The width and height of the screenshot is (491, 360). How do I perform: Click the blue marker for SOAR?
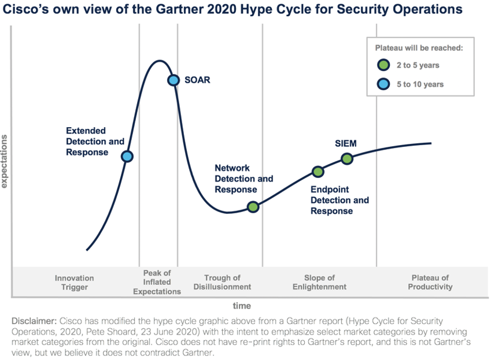point(173,80)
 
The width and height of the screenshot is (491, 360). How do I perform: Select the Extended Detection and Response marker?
point(127,156)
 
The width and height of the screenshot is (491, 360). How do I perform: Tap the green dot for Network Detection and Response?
point(253,207)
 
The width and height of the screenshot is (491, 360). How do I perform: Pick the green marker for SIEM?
point(346,158)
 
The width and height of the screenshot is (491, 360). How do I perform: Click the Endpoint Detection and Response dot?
point(318,171)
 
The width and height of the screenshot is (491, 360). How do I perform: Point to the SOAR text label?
point(197,80)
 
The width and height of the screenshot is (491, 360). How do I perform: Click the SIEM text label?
point(346,143)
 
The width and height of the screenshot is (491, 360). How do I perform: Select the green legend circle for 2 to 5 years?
point(382,65)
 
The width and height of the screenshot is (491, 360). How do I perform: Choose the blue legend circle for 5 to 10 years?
point(382,84)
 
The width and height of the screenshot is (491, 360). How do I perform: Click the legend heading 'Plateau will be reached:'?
point(420,48)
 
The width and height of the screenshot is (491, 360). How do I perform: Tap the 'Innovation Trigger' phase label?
point(74,283)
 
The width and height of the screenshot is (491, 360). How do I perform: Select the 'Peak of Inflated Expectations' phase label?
point(157,282)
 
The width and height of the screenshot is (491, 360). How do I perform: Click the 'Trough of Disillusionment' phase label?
point(222,283)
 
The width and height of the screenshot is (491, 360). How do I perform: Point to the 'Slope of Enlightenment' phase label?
point(319,283)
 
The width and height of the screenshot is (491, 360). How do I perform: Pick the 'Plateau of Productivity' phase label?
point(430,283)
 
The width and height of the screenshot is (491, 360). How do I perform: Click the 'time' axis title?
point(242,305)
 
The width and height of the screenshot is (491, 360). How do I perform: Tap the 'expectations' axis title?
point(5,161)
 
